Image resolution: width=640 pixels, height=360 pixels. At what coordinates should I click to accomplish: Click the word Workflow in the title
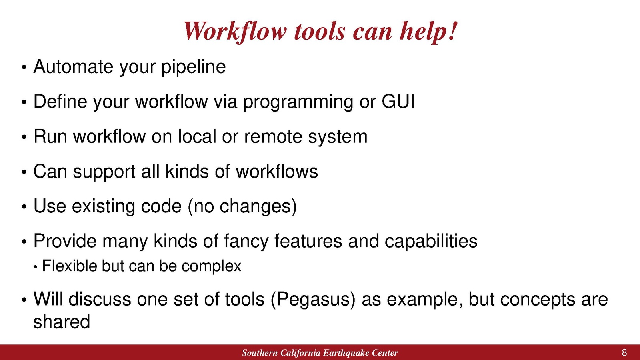tap(234, 32)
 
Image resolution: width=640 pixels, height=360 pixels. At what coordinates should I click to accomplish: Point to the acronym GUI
tap(398, 102)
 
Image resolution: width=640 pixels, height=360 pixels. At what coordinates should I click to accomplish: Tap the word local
tap(197, 136)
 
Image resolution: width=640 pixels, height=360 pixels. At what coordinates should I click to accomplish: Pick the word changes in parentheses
tap(255, 206)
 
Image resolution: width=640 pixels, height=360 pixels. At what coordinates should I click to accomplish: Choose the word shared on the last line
tap(62, 322)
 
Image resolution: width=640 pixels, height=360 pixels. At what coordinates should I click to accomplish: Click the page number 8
tap(624, 352)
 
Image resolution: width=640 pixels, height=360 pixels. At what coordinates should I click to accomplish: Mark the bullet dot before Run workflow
tap(24, 138)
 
